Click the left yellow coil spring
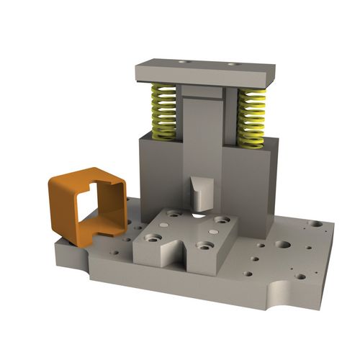pos(163,112)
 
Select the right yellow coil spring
pos(251,117)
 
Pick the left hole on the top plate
pos(186,62)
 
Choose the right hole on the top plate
pos(232,64)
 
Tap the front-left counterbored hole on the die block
pos(153,237)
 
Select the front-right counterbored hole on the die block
pos(205,246)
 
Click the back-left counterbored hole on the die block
pos(174,213)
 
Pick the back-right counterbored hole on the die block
pos(222,220)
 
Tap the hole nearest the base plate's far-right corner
pos(315,224)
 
